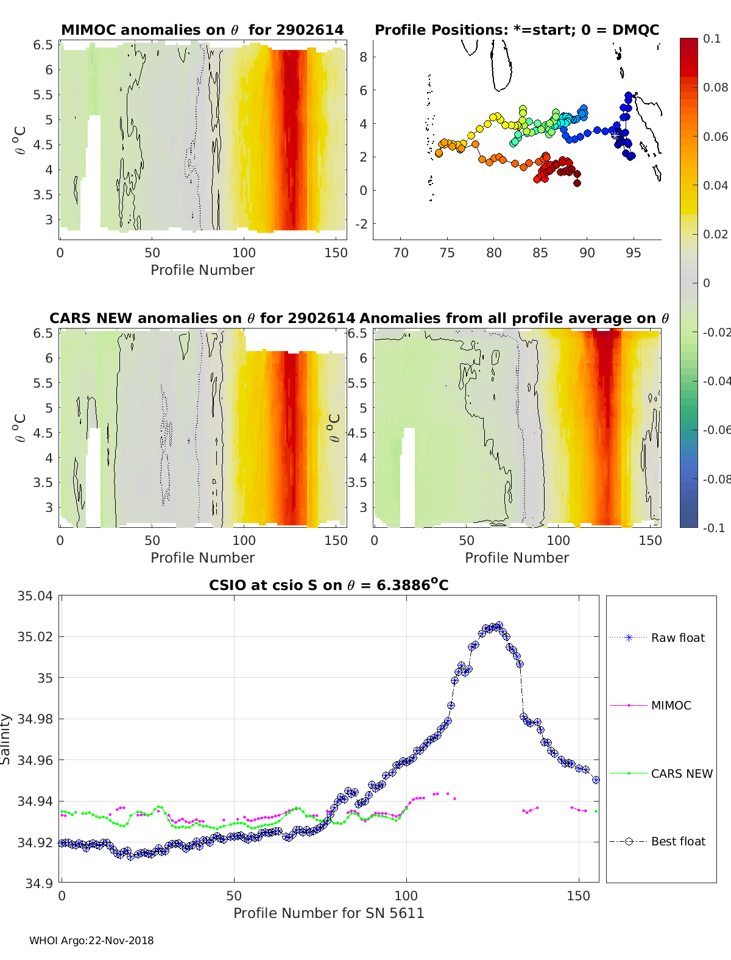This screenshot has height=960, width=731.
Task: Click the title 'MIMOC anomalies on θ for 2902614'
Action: tap(202, 30)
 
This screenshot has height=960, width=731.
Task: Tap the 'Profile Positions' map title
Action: tap(517, 30)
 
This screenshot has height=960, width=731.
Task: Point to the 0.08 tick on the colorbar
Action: tap(715, 88)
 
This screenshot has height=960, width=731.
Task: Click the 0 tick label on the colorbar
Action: tap(707, 283)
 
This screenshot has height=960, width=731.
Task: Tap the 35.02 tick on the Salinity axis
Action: tap(35, 637)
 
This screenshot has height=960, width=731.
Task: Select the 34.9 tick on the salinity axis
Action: tap(38, 883)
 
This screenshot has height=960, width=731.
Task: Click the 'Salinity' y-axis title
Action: tap(5, 739)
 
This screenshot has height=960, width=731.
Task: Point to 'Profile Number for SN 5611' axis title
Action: tap(328, 913)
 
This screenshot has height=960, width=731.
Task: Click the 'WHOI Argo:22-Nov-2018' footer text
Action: tap(91, 940)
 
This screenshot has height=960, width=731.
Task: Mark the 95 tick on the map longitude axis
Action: tap(633, 253)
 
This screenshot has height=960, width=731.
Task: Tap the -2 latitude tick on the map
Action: tap(361, 224)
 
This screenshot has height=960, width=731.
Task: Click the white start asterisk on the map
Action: tap(615, 136)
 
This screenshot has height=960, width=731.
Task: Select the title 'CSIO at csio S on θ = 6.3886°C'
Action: tap(328, 585)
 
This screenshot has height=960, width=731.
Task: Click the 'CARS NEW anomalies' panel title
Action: tap(202, 318)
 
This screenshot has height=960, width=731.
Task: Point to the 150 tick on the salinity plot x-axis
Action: tap(579, 896)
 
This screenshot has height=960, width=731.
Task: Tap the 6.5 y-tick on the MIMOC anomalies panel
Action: tap(43, 45)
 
